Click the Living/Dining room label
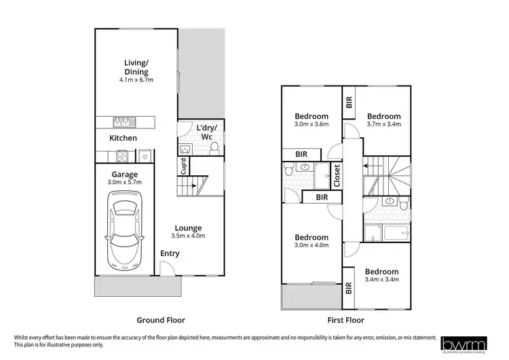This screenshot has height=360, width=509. click(x=136, y=67)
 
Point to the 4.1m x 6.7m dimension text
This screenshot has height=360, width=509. click(x=136, y=80)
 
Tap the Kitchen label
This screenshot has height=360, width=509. click(x=124, y=138)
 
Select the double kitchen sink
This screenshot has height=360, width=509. click(x=124, y=122)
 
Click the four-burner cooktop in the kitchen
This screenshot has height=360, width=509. click(x=124, y=156)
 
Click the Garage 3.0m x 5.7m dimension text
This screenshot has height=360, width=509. click(x=125, y=183)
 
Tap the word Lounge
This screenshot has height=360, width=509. click(x=188, y=228)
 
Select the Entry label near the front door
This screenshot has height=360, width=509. click(x=170, y=253)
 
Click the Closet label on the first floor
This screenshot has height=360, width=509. click(x=337, y=176)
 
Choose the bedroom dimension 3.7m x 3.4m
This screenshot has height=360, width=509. click(x=384, y=124)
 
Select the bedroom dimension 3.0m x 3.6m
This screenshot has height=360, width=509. click(x=312, y=124)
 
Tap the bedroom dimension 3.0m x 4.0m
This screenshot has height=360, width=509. click(x=312, y=245)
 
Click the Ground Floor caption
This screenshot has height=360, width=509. click(x=161, y=320)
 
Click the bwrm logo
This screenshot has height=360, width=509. click(x=464, y=344)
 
